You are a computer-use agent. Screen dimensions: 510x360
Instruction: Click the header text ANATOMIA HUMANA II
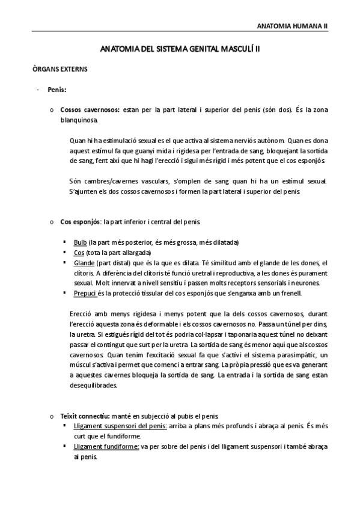click(x=292, y=26)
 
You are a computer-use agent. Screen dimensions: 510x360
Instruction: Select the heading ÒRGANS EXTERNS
click(x=60, y=69)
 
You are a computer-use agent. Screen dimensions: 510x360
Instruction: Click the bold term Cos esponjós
click(x=80, y=222)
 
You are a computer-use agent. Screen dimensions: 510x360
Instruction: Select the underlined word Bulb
click(x=80, y=242)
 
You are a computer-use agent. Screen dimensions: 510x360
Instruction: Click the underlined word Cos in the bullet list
click(x=79, y=253)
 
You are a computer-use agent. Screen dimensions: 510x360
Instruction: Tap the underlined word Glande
click(x=84, y=263)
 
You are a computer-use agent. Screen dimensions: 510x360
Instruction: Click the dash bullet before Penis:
click(x=38, y=90)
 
